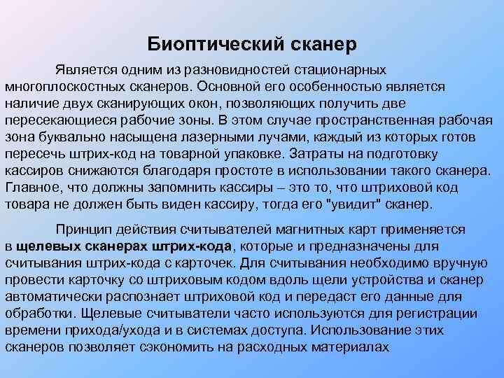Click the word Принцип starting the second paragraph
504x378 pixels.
[x=84, y=230]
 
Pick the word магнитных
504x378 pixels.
[x=310, y=230]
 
